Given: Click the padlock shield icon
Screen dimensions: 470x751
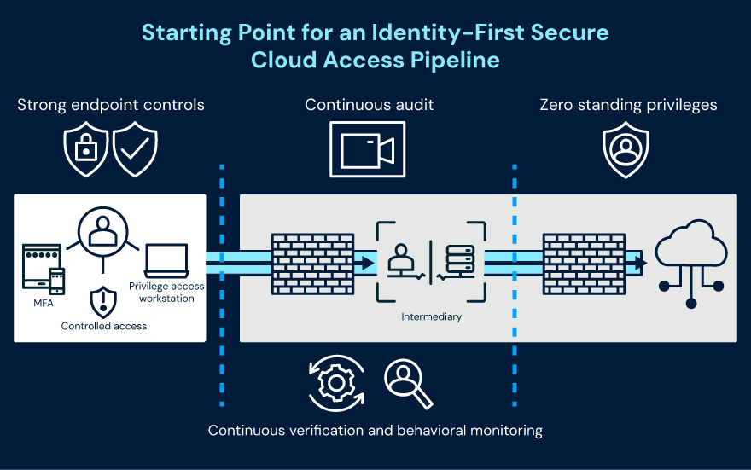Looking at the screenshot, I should pos(86,148).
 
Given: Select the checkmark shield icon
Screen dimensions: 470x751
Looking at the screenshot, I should pos(136,148).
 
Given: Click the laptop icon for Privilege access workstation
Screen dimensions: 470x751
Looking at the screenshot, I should pos(166,259).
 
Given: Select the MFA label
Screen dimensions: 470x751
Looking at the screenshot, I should pos(43,304).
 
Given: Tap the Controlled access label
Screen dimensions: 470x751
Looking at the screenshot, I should pos(104,326).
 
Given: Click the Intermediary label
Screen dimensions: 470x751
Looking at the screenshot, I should pos(431,316).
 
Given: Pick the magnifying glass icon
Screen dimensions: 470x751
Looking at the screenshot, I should pos(407,382).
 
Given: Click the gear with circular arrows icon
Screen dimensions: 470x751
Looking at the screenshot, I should pos(336,383).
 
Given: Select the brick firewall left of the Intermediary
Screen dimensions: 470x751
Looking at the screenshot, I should pos(312,264).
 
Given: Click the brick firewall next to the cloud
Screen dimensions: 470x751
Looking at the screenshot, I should pos(584,264).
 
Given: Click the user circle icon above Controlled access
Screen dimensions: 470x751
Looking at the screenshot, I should pos(102,230).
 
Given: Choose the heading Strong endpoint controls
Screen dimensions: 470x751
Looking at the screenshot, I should pos(111,105).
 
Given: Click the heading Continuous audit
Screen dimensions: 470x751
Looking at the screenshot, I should pos(370,105).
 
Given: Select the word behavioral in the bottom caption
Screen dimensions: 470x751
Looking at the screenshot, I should pos(428,430).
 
